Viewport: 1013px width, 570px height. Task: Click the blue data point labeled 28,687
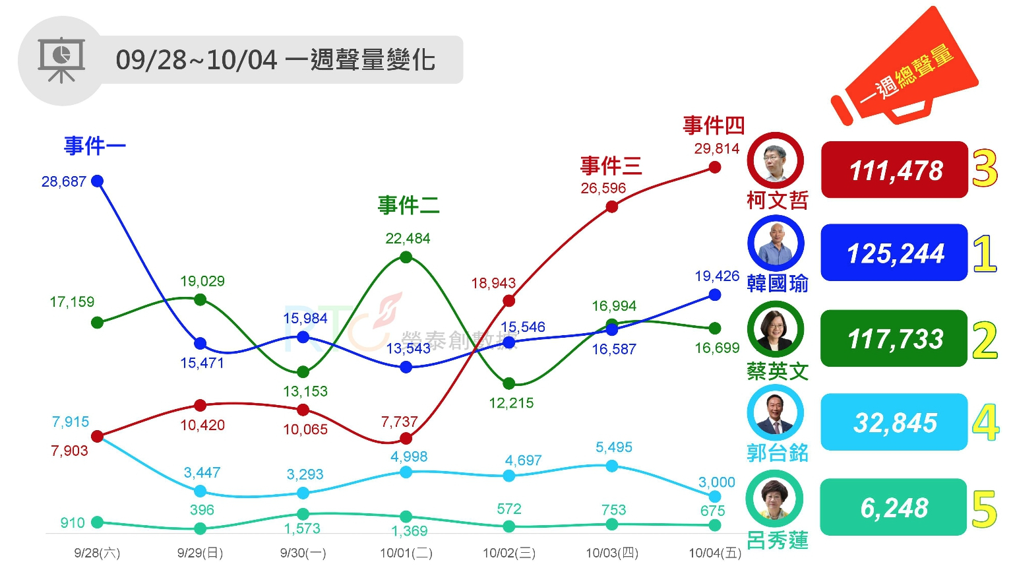pyautogui.click(x=98, y=181)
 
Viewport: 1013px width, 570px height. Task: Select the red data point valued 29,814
pyautogui.click(x=715, y=168)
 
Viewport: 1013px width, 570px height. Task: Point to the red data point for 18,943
pyautogui.click(x=508, y=301)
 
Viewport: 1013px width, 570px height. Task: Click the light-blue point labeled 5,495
pyautogui.click(x=612, y=466)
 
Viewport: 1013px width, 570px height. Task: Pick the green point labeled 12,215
pyautogui.click(x=508, y=383)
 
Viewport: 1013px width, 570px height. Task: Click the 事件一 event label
pyautogui.click(x=94, y=146)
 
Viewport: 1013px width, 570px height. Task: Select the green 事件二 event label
pyautogui.click(x=408, y=205)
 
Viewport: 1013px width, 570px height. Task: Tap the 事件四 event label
pyautogui.click(x=714, y=125)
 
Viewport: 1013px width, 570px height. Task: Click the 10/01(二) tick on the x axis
pyautogui.click(x=406, y=553)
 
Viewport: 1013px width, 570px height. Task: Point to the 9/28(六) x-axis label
pyautogui.click(x=98, y=553)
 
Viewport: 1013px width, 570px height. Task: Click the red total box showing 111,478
pyautogui.click(x=894, y=170)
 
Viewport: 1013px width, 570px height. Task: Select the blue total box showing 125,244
pyautogui.click(x=894, y=253)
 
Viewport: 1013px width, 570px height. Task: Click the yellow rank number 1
pyautogui.click(x=985, y=254)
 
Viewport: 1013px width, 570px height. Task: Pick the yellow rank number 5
pyautogui.click(x=984, y=509)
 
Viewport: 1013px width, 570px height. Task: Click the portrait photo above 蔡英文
pyautogui.click(x=776, y=329)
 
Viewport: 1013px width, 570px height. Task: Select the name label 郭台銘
pyautogui.click(x=778, y=453)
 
